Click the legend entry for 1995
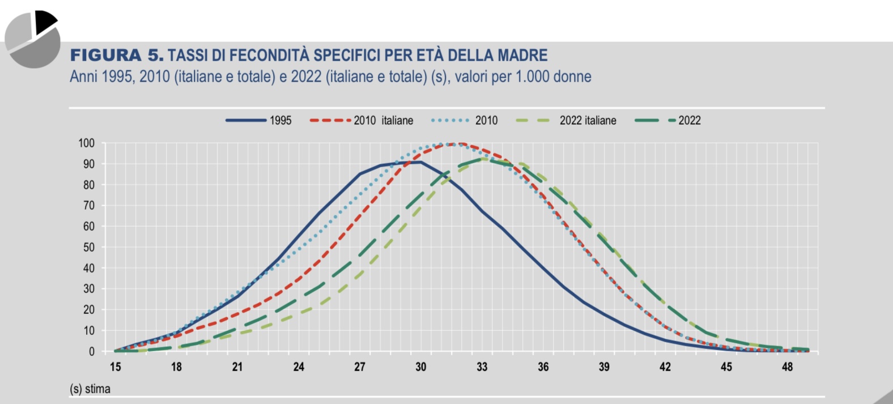[x=280, y=121]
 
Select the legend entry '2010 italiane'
[x=383, y=121]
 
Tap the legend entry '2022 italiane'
[x=588, y=121]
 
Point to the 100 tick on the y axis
[x=87, y=143]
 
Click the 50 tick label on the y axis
[x=89, y=248]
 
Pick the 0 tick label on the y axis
[x=92, y=352]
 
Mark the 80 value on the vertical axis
[x=89, y=185]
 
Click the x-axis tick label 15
[x=116, y=367]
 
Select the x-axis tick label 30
[x=421, y=367]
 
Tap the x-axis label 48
[x=788, y=367]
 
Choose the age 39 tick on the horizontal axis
[x=604, y=367]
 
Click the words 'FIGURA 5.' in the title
[x=117, y=56]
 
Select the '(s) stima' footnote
[x=90, y=389]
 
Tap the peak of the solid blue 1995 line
[x=419, y=162]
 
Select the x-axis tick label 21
[x=237, y=367]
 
